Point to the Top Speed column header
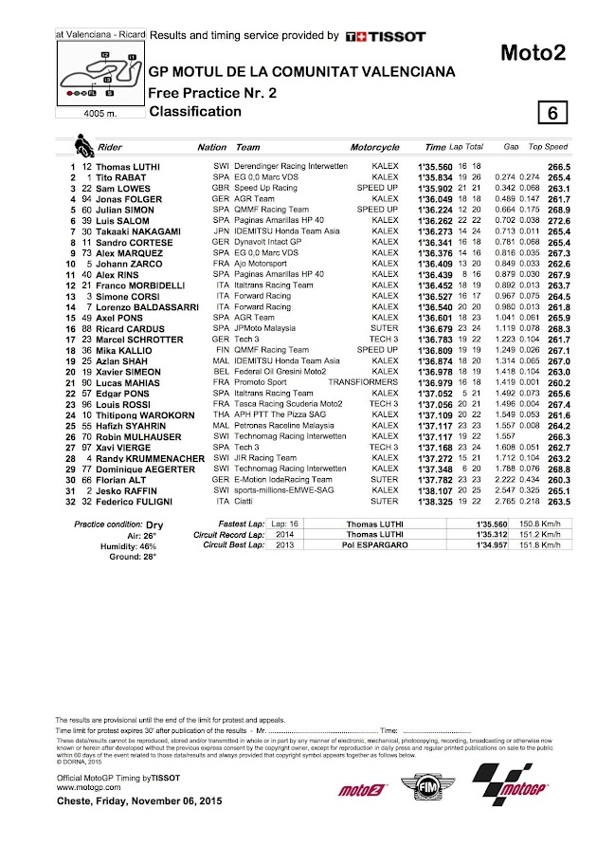pos(549,148)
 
